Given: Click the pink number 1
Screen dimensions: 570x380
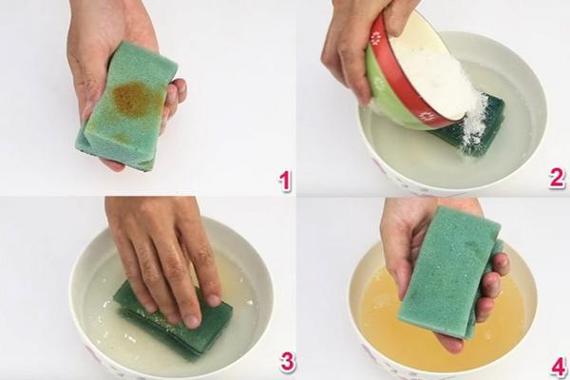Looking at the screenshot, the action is [285, 180].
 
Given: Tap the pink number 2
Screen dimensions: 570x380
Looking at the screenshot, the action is [557, 179].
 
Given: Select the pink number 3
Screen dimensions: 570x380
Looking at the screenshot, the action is [287, 361].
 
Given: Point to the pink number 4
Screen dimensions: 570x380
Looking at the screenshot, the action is [559, 368].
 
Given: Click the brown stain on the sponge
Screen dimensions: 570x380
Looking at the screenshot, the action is [132, 96].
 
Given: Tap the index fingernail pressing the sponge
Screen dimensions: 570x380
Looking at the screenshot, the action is [191, 321].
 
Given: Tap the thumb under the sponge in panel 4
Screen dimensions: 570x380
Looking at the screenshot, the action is [449, 344].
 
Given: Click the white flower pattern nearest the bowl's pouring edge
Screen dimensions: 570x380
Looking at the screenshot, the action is [427, 116].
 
